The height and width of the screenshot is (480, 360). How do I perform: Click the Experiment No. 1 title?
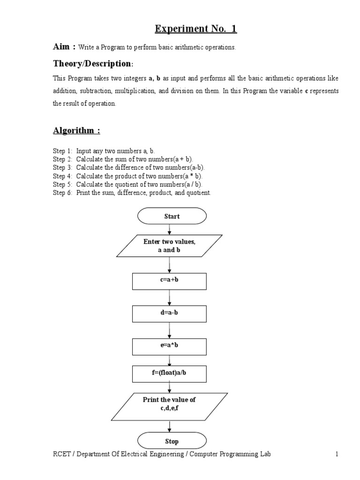point(196,29)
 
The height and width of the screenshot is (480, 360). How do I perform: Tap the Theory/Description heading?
point(91,63)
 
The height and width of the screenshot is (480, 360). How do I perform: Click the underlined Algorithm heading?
point(76,130)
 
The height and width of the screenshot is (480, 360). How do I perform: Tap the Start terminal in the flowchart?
point(172,217)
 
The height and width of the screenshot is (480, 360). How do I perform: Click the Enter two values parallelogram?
point(169,246)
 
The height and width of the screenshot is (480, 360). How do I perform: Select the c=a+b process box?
point(169,281)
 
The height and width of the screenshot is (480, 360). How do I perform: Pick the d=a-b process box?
point(169,314)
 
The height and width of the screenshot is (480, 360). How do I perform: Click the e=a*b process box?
point(169,346)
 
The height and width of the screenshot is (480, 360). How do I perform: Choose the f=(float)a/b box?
point(169,374)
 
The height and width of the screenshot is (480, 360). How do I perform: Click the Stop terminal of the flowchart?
point(172,441)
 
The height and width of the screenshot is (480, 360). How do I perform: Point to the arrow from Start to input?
point(170,229)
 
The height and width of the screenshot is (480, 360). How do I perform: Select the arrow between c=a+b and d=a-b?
point(170,297)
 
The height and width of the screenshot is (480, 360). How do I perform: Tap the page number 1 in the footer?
point(337,454)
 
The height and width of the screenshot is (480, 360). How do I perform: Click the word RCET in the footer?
point(60,454)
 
